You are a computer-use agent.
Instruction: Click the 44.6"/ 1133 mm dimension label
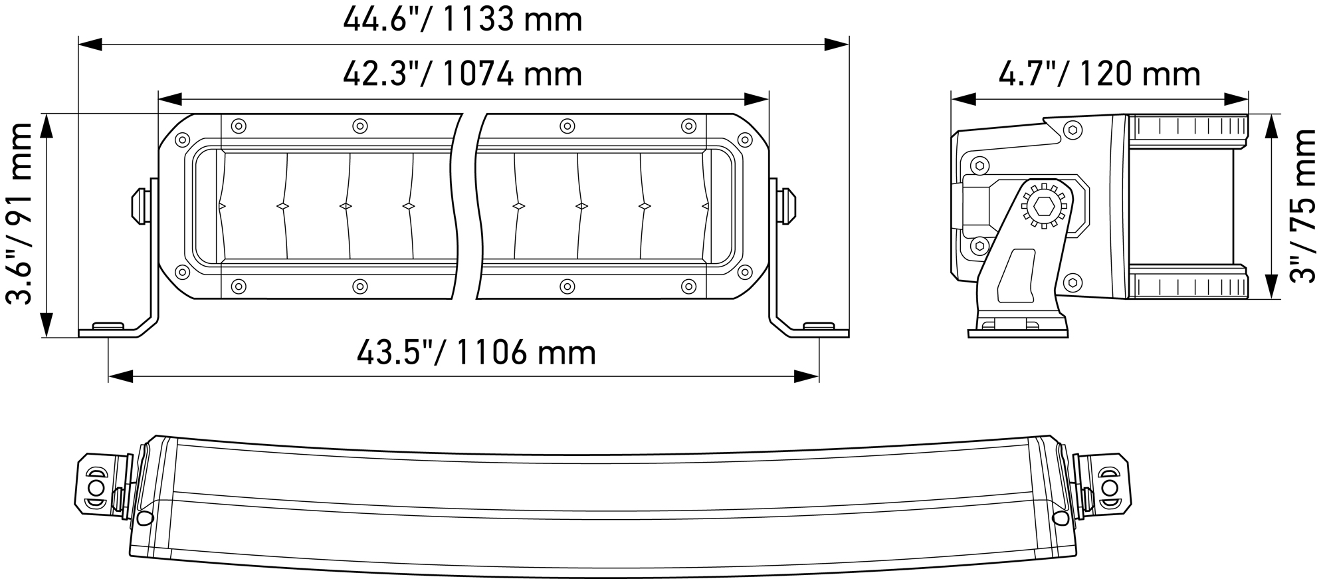pyautogui.click(x=462, y=19)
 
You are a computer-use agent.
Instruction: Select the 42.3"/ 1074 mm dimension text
pyautogui.click(x=462, y=73)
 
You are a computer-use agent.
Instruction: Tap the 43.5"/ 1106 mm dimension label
pyautogui.click(x=476, y=352)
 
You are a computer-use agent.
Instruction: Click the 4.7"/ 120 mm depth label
pyautogui.click(x=1100, y=74)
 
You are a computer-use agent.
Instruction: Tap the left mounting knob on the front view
pyautogui.click(x=141, y=206)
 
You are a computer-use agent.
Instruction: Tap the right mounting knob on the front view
pyautogui.click(x=787, y=206)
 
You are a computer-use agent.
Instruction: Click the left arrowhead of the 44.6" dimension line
pyautogui.click(x=90, y=45)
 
